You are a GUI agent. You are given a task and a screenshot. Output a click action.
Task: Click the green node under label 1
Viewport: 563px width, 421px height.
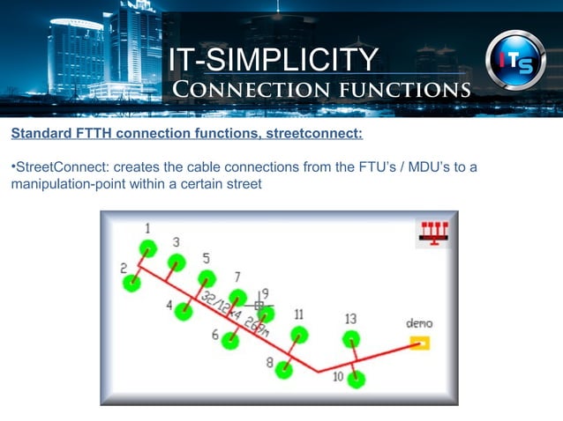[147, 247]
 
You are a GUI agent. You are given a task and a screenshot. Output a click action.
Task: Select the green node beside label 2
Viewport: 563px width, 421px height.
[131, 283]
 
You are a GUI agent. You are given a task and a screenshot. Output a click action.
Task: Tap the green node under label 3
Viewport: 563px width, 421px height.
[176, 262]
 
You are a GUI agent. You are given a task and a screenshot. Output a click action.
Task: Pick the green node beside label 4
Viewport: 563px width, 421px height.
[184, 311]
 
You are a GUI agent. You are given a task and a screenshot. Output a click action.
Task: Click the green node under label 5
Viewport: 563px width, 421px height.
[206, 278]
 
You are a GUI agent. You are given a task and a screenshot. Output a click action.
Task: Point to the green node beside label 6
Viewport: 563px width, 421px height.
[230, 340]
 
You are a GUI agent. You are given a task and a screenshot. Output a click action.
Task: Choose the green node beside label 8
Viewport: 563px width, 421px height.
[284, 369]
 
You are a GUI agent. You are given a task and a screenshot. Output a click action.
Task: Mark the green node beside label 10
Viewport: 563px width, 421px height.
[356, 380]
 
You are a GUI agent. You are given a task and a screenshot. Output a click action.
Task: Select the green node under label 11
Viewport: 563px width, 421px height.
[299, 335]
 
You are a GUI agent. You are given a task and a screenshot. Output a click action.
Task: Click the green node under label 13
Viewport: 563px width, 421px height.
[351, 338]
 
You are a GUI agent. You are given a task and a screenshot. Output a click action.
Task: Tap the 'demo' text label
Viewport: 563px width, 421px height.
[418, 323]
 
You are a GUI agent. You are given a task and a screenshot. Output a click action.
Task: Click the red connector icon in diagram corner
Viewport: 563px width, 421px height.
[432, 232]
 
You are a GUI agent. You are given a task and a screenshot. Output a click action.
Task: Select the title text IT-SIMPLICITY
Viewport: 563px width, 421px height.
[273, 59]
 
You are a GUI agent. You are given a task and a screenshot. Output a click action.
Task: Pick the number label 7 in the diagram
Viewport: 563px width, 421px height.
[236, 276]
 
